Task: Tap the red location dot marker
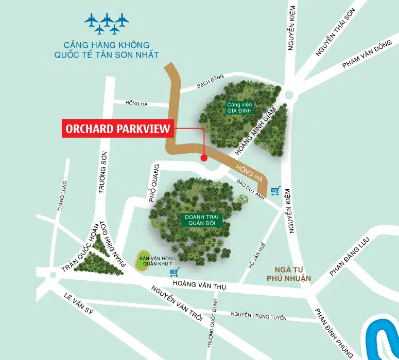coord(204,157)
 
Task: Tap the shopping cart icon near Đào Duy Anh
coord(276,191)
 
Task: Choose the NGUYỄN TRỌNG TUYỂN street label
coord(258,315)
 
